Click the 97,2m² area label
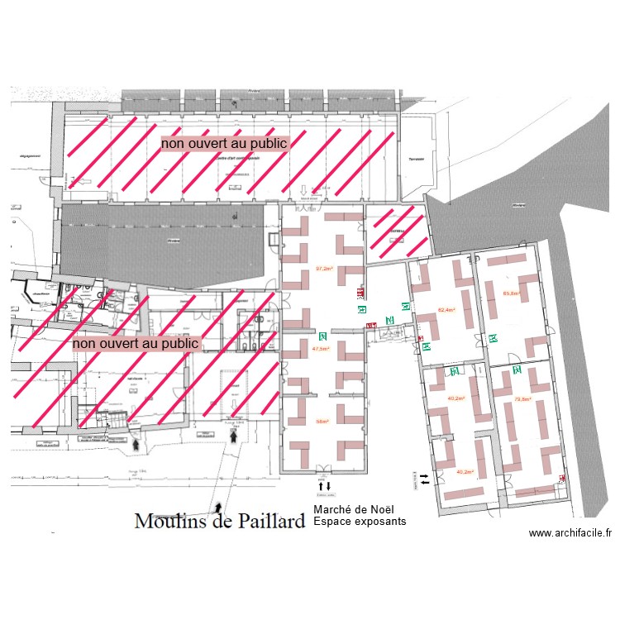[x=324, y=269]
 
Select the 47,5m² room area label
[x=321, y=349]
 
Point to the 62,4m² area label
[x=446, y=311]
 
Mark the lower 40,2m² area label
[x=465, y=472]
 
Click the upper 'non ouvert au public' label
[x=224, y=143]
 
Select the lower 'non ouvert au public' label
[x=136, y=342]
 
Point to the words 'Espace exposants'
[x=360, y=522]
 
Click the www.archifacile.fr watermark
[x=570, y=534]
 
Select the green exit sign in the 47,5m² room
[x=323, y=336]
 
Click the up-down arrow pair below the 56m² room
[x=323, y=485]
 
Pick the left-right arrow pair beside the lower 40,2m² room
[x=424, y=478]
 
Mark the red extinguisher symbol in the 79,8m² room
[x=563, y=478]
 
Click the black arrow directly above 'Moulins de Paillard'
[x=218, y=502]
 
